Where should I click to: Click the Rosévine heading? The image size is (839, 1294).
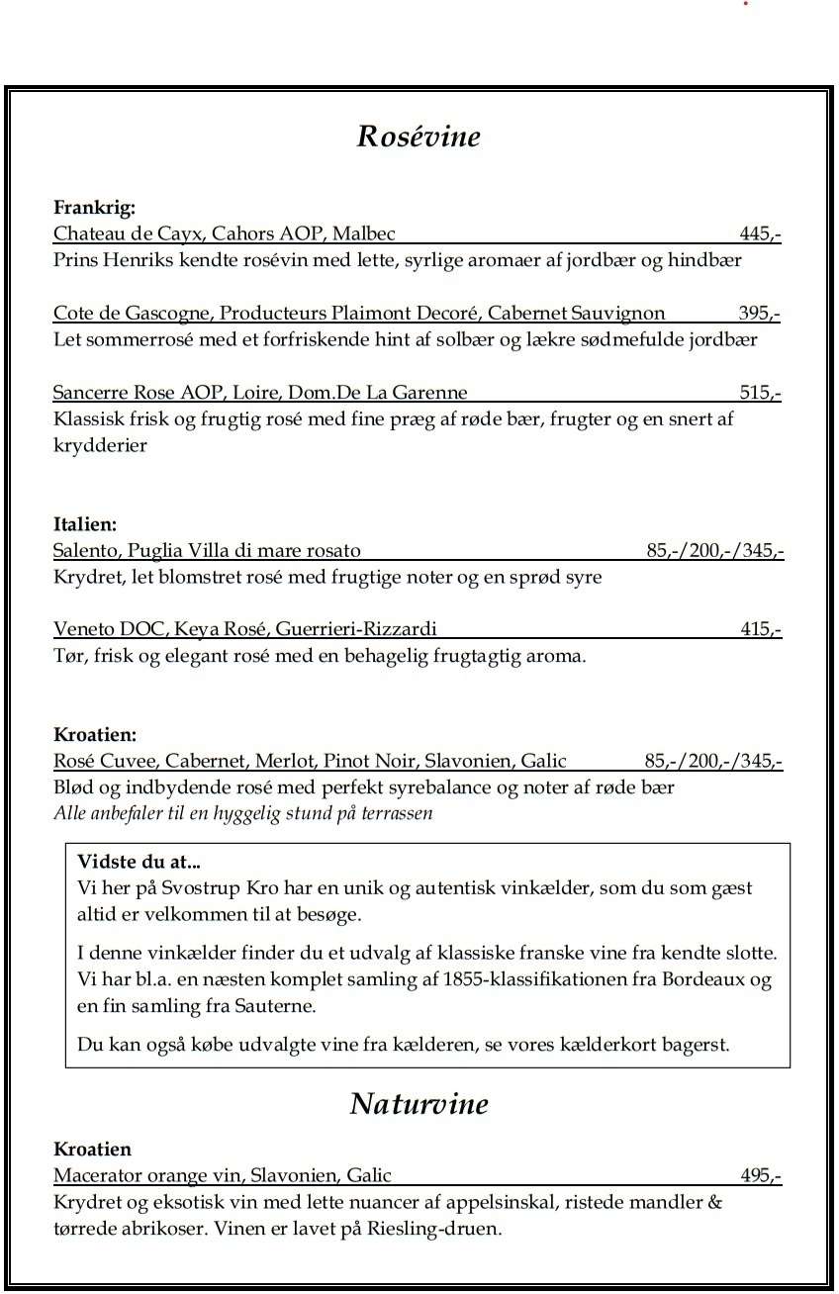pyautogui.click(x=419, y=136)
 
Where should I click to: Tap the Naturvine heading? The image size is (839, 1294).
pyautogui.click(x=419, y=1103)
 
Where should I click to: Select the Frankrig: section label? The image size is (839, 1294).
pyautogui.click(x=94, y=208)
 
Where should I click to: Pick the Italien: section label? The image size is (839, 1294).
pyautogui.click(x=85, y=524)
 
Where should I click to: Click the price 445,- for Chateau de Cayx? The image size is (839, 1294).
pyautogui.click(x=760, y=234)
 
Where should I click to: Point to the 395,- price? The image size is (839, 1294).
pyautogui.click(x=759, y=314)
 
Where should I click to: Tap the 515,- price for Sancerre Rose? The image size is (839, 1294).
pyautogui.click(x=760, y=393)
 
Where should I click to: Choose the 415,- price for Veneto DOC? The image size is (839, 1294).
pyautogui.click(x=761, y=629)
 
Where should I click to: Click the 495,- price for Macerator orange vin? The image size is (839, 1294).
pyautogui.click(x=760, y=1176)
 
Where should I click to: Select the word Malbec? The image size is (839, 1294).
pyautogui.click(x=364, y=234)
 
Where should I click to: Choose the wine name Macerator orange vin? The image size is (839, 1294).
pyautogui.click(x=147, y=1176)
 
